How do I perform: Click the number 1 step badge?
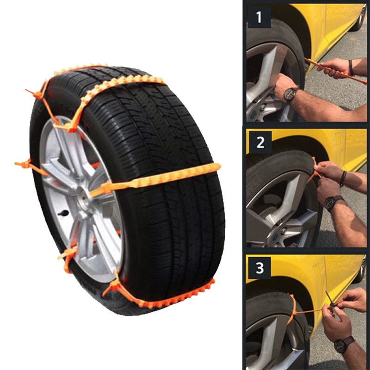coord(259,17)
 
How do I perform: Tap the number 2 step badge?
coord(260,142)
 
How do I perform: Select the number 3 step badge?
coord(259,268)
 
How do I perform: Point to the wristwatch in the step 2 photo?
coord(332,203)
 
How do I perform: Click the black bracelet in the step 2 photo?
coord(343,179)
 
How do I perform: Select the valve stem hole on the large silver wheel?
coord(63,213)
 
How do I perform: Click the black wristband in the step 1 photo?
coord(351,68)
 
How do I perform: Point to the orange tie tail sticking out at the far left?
coord(23,164)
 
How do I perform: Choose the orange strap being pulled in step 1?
coord(335,70)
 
